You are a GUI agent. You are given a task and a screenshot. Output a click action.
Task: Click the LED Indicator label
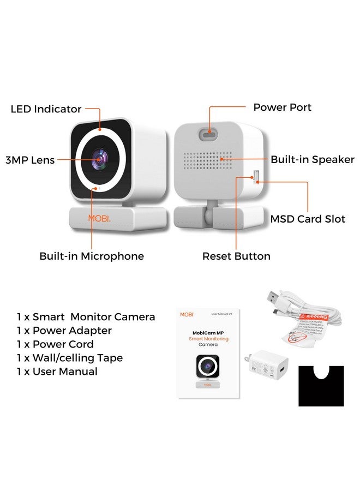46,109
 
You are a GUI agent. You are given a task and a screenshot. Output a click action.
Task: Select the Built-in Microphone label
92,256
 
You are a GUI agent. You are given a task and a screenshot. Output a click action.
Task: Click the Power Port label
282,107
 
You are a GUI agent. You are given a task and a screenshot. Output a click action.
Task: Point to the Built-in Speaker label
313,160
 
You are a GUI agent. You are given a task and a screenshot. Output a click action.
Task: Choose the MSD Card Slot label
308,219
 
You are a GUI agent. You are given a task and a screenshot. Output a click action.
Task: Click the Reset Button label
236,256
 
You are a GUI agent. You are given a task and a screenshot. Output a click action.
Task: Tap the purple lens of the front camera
100,159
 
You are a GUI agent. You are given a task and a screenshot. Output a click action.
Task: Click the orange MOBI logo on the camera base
99,218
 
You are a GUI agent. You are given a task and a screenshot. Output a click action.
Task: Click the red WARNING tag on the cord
315,317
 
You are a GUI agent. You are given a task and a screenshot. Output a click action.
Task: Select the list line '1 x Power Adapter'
64,331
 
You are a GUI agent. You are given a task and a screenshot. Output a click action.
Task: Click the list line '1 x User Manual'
57,372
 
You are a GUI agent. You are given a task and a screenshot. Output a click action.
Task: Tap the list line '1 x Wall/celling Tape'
69,358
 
